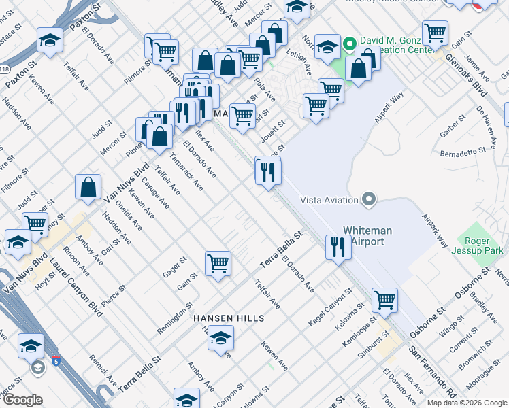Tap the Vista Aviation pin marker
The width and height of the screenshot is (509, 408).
[x=370, y=200]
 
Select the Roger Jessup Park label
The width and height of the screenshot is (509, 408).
[x=484, y=246]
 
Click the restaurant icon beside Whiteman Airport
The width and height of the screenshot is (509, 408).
[x=338, y=247]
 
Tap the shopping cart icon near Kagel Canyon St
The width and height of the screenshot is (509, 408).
[x=384, y=299]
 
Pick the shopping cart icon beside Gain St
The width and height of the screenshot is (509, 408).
[x=218, y=262]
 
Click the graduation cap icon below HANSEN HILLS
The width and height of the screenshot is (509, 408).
[x=220, y=337]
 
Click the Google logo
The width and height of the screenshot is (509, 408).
[x=22, y=400]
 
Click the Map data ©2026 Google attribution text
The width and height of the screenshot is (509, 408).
[x=466, y=403]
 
